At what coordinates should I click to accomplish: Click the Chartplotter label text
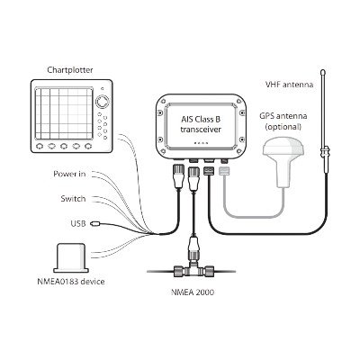(x=70, y=70)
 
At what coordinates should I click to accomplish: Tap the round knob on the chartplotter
(x=103, y=102)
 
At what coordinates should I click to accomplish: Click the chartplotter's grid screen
(x=64, y=113)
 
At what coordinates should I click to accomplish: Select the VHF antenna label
(x=289, y=85)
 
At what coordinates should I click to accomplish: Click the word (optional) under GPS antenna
(x=283, y=127)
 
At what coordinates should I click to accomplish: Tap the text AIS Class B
(x=201, y=119)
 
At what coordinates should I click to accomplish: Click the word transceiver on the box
(x=201, y=130)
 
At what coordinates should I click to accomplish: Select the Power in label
(x=69, y=174)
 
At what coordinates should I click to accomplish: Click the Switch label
(x=73, y=199)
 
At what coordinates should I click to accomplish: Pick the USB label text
(x=78, y=223)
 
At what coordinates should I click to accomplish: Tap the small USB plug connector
(x=95, y=223)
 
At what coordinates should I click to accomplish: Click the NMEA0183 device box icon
(x=71, y=258)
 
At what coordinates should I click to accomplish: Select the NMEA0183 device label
(x=71, y=282)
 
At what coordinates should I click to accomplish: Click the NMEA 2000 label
(x=193, y=292)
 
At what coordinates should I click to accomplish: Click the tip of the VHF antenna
(x=323, y=71)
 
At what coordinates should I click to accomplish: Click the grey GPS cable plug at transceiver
(x=224, y=171)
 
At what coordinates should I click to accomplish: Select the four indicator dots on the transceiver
(x=201, y=143)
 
